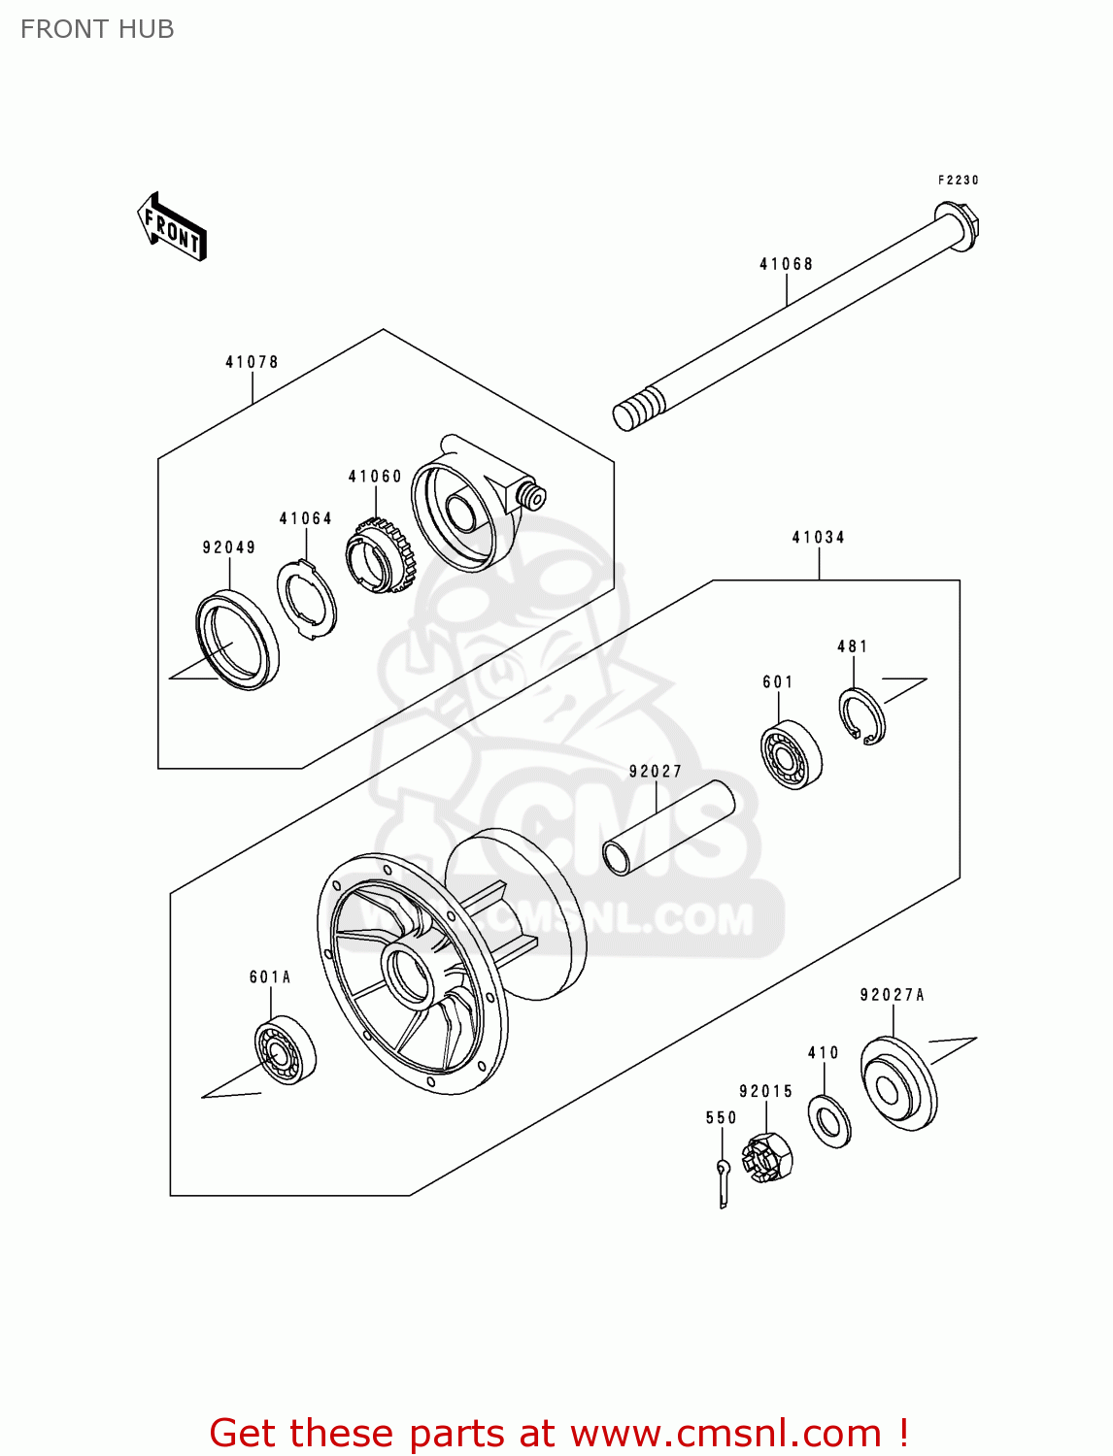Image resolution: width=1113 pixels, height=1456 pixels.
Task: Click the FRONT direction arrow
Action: point(172,228)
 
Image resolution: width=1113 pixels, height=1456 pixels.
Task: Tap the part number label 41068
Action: point(786,264)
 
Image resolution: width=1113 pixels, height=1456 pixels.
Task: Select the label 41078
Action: point(252,362)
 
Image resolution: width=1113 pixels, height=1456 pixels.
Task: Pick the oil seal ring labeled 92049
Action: point(237,641)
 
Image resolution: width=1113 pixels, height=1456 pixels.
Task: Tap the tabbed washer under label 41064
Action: point(307,599)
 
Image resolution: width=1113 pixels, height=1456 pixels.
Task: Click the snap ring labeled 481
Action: point(861,717)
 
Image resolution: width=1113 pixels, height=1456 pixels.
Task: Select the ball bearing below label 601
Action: point(791,754)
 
